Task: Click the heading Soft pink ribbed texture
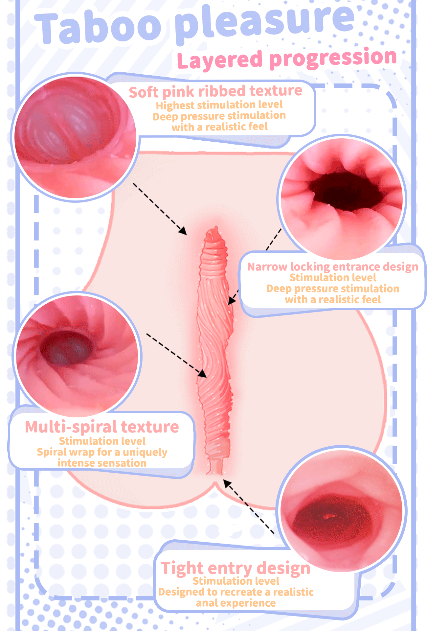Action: (x=215, y=91)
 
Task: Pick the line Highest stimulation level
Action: (x=219, y=105)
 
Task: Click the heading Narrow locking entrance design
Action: (x=333, y=267)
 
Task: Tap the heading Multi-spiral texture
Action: (x=102, y=427)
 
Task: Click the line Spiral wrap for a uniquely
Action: (x=102, y=452)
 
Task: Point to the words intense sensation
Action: (x=102, y=463)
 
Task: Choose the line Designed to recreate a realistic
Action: (x=236, y=592)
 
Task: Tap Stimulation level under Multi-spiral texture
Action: (x=102, y=441)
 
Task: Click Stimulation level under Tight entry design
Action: (x=236, y=581)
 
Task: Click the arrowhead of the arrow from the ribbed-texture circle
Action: (x=183, y=231)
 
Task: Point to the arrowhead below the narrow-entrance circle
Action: (x=232, y=299)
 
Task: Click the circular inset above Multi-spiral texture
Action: (x=77, y=355)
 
